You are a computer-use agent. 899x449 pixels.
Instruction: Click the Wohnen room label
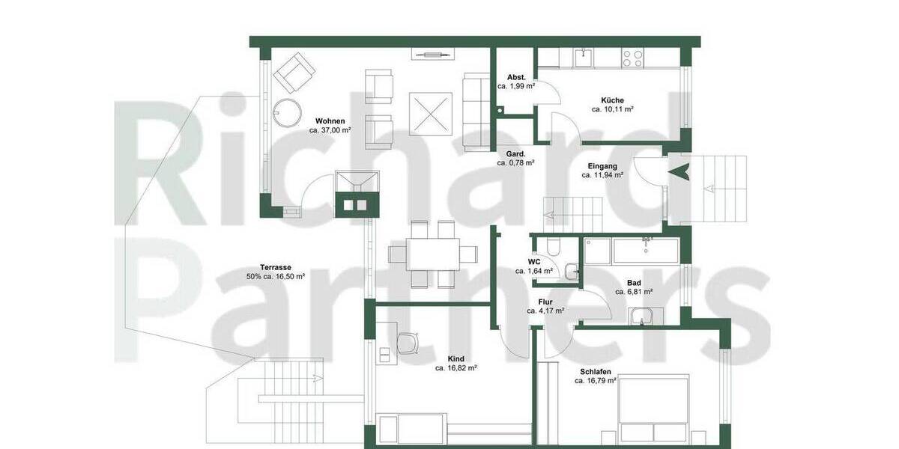[330, 120]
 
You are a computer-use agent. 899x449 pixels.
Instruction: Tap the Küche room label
[612, 100]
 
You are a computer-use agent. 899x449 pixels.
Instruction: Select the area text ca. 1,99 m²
[516, 87]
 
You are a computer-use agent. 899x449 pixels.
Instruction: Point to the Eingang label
[602, 166]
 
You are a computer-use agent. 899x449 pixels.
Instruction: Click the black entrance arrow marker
[680, 171]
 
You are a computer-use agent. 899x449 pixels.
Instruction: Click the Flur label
[545, 302]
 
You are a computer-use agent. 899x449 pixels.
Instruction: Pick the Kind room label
[455, 359]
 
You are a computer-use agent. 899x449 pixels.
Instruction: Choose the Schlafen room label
[596, 371]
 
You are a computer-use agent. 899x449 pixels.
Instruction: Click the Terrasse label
[276, 267]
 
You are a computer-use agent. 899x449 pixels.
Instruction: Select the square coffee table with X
[431, 114]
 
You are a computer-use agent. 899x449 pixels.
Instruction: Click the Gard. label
[516, 154]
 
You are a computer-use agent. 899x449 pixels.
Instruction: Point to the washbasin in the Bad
[642, 319]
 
